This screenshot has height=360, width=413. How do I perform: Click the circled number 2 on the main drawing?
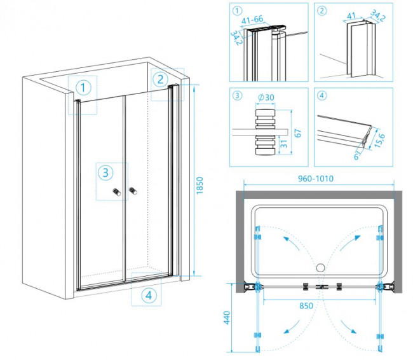click(x=159, y=79)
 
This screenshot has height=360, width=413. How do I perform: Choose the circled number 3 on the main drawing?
click(x=105, y=172)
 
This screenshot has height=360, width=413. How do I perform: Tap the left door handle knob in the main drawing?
click(x=116, y=191)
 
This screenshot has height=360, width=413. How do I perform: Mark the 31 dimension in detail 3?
click(x=282, y=144)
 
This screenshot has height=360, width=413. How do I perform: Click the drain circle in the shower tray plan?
click(x=320, y=268)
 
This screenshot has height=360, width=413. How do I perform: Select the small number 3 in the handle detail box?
click(x=236, y=97)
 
